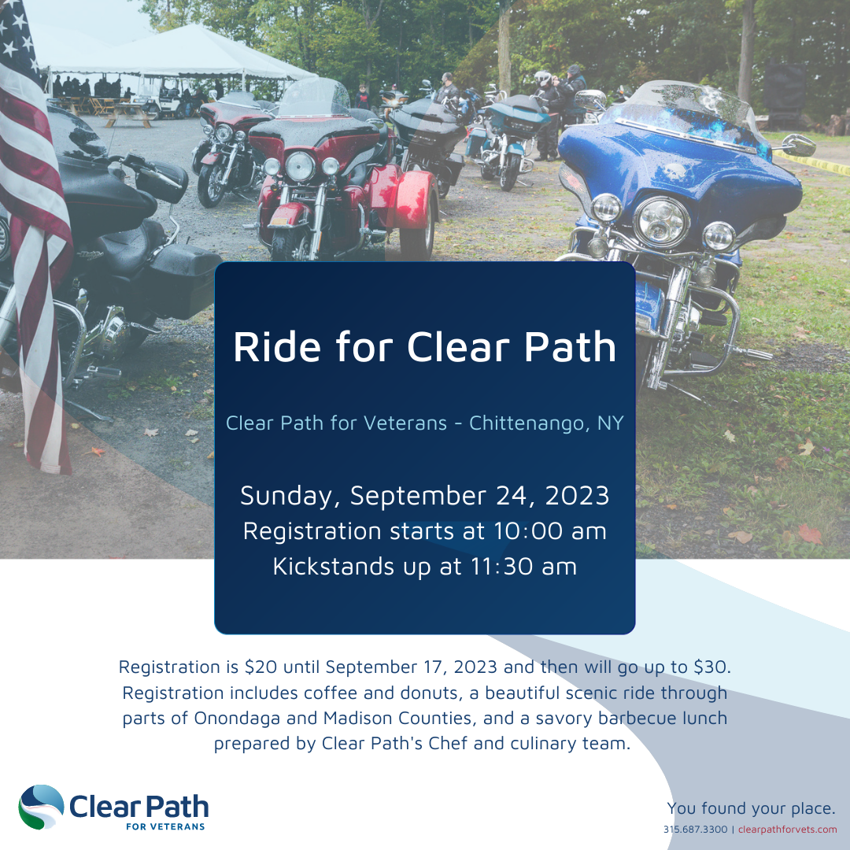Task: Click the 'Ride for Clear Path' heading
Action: [424, 347]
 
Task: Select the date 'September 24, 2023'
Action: [480, 496]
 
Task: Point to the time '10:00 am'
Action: [549, 531]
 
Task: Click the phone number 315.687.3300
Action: [696, 830]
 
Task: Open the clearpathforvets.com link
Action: [788, 830]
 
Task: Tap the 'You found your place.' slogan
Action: [752, 808]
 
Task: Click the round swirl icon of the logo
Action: [41, 807]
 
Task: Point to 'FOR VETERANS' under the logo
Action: [165, 826]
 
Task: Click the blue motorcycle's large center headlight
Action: [661, 221]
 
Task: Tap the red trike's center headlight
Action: [300, 166]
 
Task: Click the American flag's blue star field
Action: [17, 35]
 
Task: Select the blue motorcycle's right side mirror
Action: [799, 145]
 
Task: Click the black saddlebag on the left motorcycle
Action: [183, 280]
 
